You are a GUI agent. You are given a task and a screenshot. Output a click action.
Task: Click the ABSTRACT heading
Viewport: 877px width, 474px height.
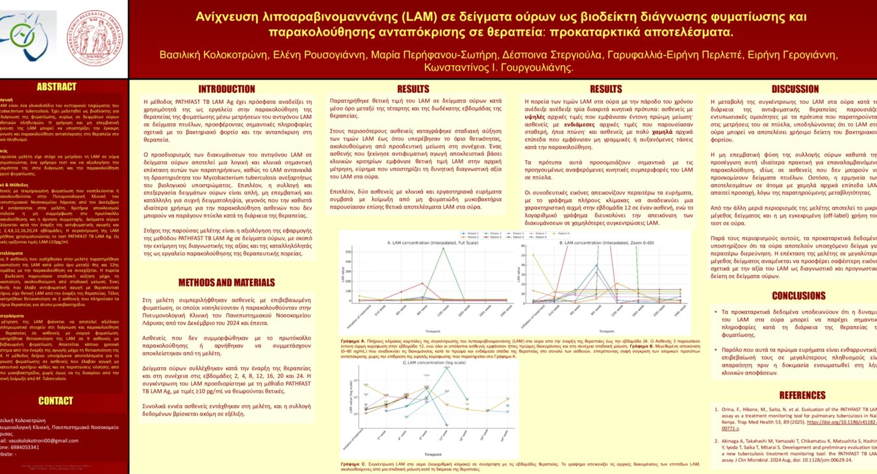(x=56, y=87)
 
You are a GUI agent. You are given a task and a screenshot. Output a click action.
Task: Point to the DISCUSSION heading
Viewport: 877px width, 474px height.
(x=794, y=89)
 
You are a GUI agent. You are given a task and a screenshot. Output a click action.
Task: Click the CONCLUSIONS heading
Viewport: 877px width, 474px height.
(x=798, y=295)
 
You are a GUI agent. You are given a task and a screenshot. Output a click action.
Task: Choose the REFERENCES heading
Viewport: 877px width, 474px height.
(x=802, y=395)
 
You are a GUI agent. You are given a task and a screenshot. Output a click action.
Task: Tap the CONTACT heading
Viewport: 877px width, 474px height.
(x=55, y=401)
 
